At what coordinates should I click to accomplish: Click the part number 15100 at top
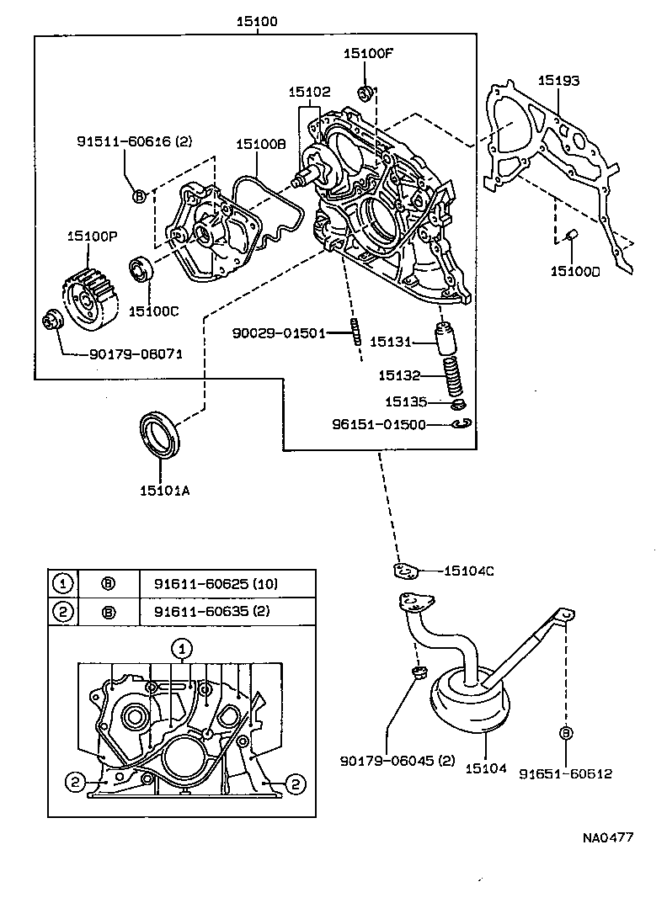click(x=257, y=22)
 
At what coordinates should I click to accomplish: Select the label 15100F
click(x=367, y=53)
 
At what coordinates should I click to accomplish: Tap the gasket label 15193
click(x=559, y=81)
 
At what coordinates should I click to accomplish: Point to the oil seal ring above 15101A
click(x=159, y=434)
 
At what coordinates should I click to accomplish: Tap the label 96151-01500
click(x=379, y=426)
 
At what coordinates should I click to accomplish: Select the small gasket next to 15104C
click(x=407, y=571)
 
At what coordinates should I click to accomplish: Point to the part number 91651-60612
click(x=564, y=773)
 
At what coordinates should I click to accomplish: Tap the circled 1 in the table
click(x=62, y=583)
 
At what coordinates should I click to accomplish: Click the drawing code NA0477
click(x=608, y=837)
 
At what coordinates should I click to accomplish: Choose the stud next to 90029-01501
click(x=357, y=333)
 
